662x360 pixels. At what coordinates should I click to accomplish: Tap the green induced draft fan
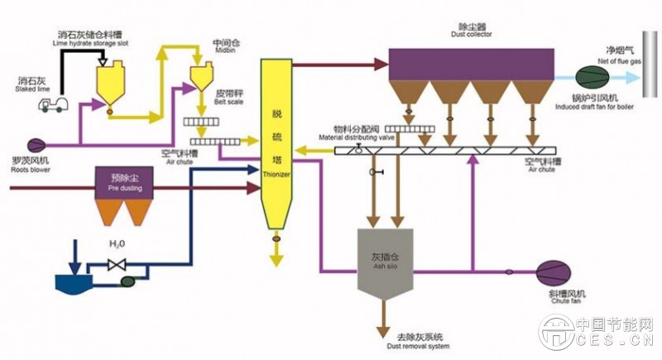point(590,77)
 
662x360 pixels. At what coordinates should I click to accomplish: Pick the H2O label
point(115,246)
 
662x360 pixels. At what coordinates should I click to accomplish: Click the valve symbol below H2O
point(116,265)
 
